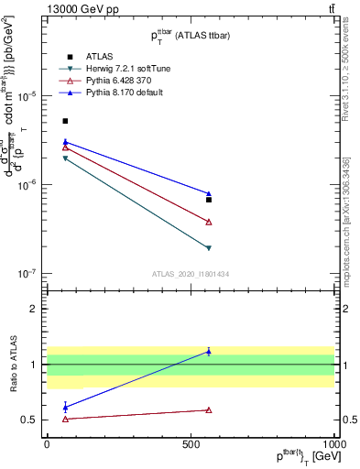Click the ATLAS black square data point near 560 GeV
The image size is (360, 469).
(209, 200)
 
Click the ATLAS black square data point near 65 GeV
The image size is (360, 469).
(65, 121)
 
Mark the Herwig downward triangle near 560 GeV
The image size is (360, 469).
(209, 248)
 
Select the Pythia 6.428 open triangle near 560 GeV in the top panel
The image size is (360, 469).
(209, 222)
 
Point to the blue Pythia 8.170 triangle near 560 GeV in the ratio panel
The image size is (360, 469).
(209, 352)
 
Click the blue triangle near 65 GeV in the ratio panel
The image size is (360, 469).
(65, 407)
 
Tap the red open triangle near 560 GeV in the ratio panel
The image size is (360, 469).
(209, 410)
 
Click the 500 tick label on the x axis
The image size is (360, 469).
(191, 442)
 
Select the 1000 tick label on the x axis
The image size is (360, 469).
(335, 442)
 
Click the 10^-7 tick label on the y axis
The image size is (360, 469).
(29, 274)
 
